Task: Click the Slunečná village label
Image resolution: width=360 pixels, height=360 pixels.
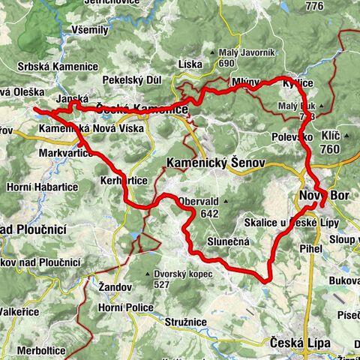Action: [x=233, y=242]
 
